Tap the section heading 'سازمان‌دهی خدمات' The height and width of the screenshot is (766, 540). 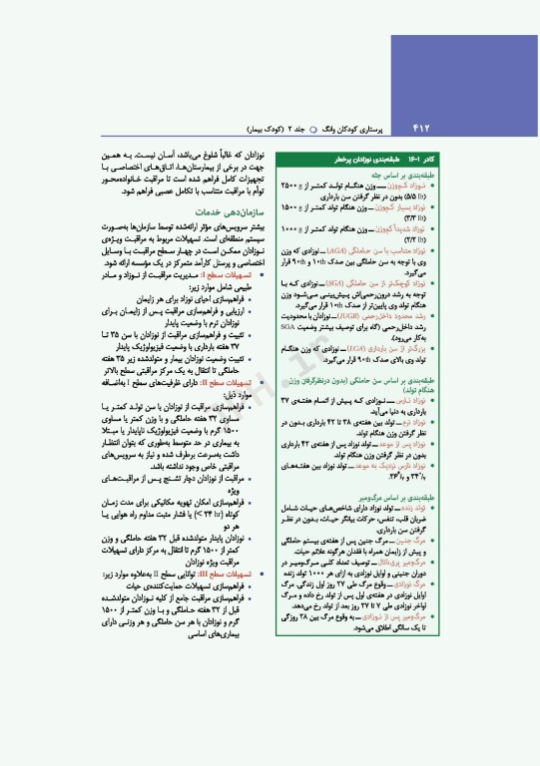point(224,212)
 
